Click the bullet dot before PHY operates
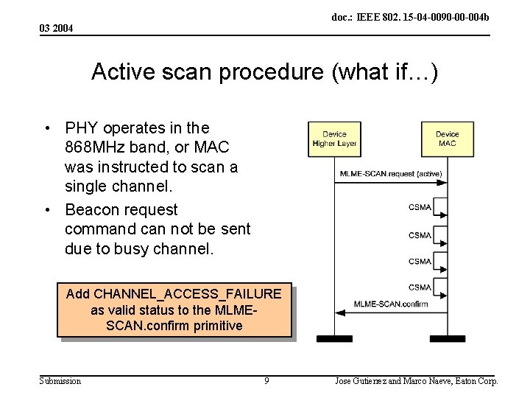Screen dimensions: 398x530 click(48, 128)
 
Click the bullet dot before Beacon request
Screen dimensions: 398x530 click(48, 210)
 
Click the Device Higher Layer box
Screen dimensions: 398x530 click(334, 139)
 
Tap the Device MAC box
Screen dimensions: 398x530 click(447, 139)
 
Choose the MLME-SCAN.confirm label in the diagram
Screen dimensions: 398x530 click(390, 304)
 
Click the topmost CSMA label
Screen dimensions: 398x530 click(420, 207)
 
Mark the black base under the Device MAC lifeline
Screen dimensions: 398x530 click(447, 339)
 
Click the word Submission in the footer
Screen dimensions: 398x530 click(60, 381)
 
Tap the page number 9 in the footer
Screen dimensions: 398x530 click(266, 381)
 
